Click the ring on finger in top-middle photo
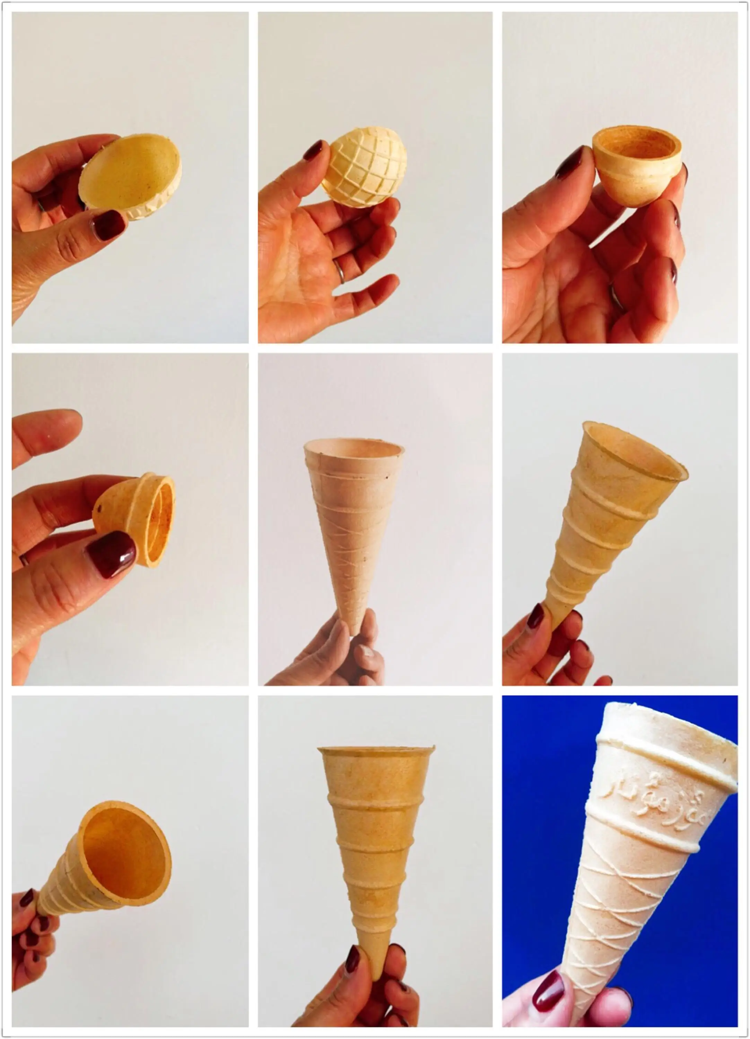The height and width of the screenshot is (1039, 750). coord(339,271)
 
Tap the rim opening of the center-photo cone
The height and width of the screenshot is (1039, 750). coord(354,447)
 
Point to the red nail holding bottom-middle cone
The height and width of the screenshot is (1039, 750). coord(352,959)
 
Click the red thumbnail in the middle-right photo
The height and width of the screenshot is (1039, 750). coord(535,616)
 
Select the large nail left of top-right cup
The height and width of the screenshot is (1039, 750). coord(570,163)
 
